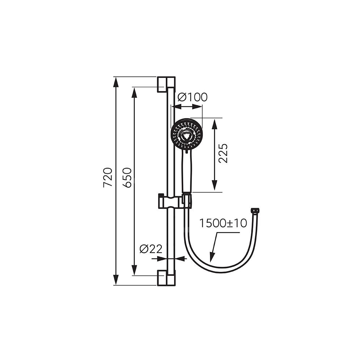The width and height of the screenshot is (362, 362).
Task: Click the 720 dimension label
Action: (108, 177)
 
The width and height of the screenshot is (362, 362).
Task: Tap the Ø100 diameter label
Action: (193, 97)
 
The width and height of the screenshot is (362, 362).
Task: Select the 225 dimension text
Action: (223, 153)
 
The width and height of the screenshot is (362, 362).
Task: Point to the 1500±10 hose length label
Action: (223, 223)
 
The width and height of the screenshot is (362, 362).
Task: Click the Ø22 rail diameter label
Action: (151, 249)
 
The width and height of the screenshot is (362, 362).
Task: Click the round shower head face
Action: (187, 134)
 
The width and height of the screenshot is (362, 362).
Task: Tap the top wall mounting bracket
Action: (166, 84)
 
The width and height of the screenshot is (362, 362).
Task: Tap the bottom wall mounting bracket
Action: (166, 278)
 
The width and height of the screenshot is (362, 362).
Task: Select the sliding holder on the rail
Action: (175, 201)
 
